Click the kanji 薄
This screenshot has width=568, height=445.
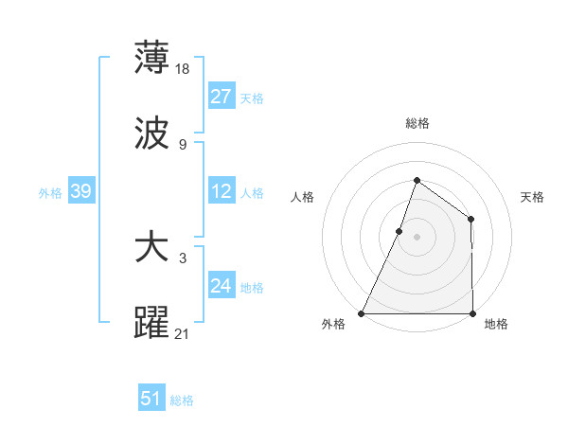pos(151,58)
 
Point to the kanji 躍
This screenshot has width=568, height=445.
pos(151,323)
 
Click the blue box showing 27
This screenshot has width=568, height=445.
pos(222,97)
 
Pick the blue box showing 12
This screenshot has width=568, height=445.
pos(222,191)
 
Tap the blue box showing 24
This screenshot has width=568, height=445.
pos(222,286)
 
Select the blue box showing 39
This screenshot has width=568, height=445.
pos(80,191)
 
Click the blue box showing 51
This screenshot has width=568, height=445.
pos(151,399)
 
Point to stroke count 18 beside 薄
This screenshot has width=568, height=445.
pos(184,69)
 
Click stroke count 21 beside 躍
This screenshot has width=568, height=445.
pos(184,333)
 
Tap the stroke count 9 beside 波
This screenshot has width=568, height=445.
pos(182,144)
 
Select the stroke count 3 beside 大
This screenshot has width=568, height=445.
pos(182,258)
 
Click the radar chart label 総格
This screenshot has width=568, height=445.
pos(417,123)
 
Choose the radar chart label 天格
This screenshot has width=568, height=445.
pos(532,197)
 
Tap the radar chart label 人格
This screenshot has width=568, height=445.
pos(302,197)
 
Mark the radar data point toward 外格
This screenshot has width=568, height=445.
pos(362,313)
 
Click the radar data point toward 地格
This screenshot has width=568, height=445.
pos(472,313)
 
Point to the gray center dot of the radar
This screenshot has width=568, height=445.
pos(417,237)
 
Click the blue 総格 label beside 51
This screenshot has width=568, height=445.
pos(182,400)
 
